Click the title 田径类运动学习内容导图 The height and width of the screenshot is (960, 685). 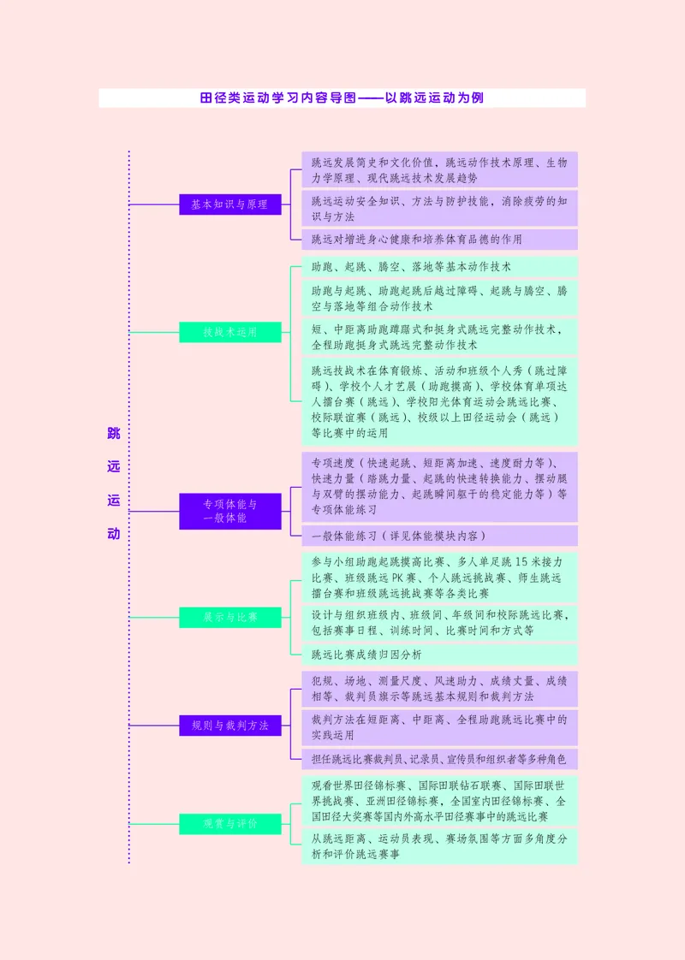342,98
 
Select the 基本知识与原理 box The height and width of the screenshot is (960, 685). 229,204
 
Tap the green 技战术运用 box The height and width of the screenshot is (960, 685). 229,332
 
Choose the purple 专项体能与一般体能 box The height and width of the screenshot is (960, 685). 229,511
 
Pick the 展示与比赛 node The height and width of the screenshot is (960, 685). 229,617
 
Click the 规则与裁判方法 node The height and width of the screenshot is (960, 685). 229,726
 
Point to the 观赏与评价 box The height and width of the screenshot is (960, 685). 229,824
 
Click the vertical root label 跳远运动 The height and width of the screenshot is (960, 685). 114,483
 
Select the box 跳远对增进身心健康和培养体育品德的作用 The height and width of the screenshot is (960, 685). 439,240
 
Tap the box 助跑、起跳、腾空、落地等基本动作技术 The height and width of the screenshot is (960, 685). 439,267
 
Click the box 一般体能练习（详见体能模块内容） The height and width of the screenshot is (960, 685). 439,536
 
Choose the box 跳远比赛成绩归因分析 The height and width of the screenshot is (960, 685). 439,655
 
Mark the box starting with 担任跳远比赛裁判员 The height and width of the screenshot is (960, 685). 439,758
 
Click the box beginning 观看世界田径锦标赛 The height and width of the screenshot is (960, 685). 439,801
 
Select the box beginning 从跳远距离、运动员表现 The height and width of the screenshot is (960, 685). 439,846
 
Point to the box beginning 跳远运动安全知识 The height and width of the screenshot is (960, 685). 439,209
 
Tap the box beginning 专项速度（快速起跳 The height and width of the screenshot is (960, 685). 439,486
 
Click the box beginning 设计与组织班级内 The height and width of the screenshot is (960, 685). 439,622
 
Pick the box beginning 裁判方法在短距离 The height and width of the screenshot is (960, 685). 439,727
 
